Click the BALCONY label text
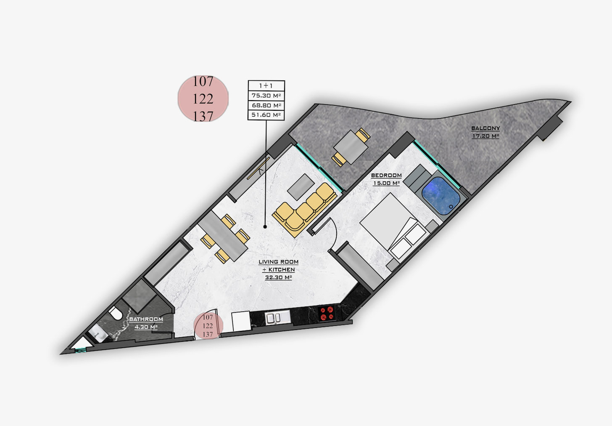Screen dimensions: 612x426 (x=485, y=128)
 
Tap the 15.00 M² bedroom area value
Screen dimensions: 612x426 (x=386, y=183)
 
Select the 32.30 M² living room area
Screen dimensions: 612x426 (x=278, y=277)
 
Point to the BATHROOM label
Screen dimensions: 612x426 (x=146, y=319)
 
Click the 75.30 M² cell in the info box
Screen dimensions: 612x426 (x=266, y=96)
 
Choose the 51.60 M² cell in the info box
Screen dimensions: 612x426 (x=266, y=115)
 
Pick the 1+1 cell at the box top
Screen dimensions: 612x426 (x=266, y=85)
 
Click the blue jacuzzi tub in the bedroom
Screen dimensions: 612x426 (x=441, y=196)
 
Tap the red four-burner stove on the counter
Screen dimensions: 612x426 (x=327, y=313)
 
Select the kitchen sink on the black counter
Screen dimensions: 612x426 (x=277, y=318)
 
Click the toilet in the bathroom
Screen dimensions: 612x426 (x=116, y=313)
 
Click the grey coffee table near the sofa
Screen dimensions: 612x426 (x=301, y=187)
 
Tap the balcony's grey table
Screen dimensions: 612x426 (x=351, y=147)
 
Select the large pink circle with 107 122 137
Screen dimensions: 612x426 (x=203, y=99)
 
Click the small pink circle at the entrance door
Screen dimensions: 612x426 (x=208, y=325)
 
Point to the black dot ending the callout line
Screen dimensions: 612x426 (x=265, y=227)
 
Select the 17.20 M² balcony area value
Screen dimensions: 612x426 (x=485, y=136)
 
